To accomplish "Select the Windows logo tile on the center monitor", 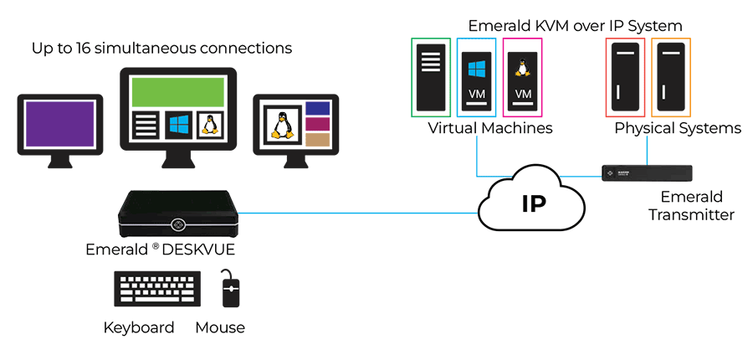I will [x=178, y=126].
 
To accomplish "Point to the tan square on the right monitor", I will [x=317, y=140].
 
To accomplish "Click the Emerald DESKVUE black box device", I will [x=177, y=215].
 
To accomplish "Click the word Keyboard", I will [x=139, y=327].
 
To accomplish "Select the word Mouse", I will [x=220, y=327].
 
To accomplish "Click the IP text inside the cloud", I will [x=534, y=203].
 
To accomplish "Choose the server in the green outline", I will [x=431, y=76].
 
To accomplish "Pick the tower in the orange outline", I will [x=672, y=76].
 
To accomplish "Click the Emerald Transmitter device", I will [x=648, y=173].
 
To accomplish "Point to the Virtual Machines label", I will [x=490, y=128].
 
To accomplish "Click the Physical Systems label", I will [x=678, y=128].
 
